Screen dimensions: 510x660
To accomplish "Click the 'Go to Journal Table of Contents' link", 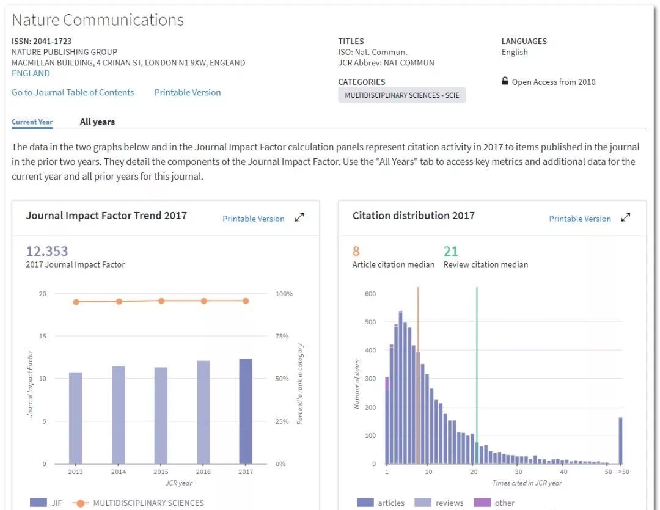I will [x=73, y=92].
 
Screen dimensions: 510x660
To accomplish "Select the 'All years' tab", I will [x=97, y=122].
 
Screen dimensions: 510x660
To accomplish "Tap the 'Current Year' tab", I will [x=32, y=122].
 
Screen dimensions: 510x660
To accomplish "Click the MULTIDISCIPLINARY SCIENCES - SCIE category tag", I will [x=402, y=95].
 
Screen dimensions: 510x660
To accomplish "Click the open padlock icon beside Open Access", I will [x=505, y=81].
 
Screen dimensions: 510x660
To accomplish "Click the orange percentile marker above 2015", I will [x=161, y=301].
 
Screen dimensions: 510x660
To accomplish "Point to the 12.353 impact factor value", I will [x=47, y=251].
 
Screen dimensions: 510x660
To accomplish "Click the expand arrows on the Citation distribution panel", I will [x=625, y=218].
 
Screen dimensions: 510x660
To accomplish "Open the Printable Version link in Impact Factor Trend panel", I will [x=253, y=219].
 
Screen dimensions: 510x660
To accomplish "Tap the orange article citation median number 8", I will [x=356, y=251].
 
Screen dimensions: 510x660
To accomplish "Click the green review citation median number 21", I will [x=450, y=251].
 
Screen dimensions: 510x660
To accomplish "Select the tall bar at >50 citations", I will [x=620, y=440].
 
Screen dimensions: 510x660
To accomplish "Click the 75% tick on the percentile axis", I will [x=282, y=336].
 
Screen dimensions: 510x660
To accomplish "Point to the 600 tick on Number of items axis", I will [x=370, y=294].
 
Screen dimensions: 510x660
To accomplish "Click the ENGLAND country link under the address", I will [x=31, y=73].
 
